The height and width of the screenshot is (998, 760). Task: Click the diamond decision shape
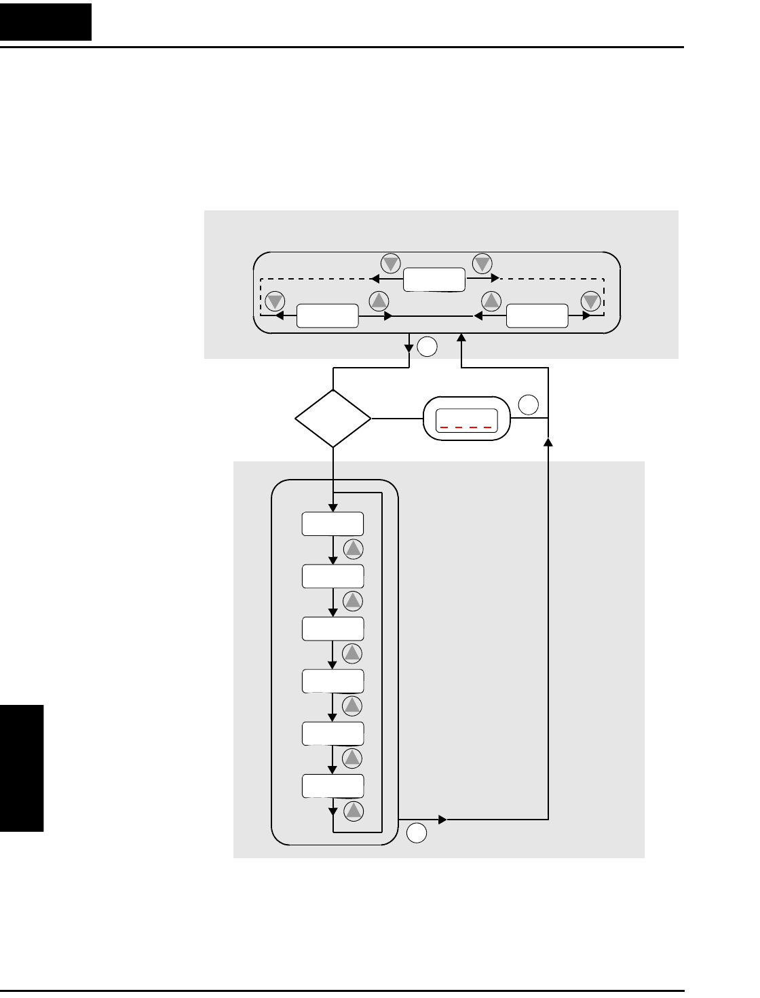[x=333, y=419]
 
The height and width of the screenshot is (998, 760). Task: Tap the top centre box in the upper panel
[x=434, y=280]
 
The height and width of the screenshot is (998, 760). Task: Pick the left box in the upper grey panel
[x=328, y=315]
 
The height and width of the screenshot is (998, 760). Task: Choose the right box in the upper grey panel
[x=537, y=315]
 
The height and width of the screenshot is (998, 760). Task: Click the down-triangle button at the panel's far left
[x=275, y=301]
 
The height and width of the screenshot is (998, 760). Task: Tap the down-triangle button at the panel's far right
[x=591, y=301]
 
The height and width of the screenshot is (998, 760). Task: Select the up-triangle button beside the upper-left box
[x=379, y=301]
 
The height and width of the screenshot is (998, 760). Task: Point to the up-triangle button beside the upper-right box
[x=491, y=301]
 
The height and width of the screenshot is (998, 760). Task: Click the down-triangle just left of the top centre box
[x=391, y=263]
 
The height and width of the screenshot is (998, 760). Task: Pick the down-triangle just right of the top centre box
[x=482, y=263]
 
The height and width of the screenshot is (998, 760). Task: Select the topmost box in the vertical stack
[x=332, y=524]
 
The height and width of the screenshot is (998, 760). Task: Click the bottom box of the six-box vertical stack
[x=332, y=786]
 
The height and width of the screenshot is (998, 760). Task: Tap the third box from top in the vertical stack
[x=332, y=628]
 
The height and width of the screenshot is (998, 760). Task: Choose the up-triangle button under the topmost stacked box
[x=354, y=549]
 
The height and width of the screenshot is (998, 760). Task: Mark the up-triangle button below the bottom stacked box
[x=354, y=811]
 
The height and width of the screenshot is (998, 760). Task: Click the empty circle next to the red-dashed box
[x=529, y=405]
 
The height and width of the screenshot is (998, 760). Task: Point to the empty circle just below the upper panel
[x=427, y=347]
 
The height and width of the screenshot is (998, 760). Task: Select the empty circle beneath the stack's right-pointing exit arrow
[x=417, y=833]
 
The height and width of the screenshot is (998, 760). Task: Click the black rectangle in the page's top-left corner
[x=45, y=22]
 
